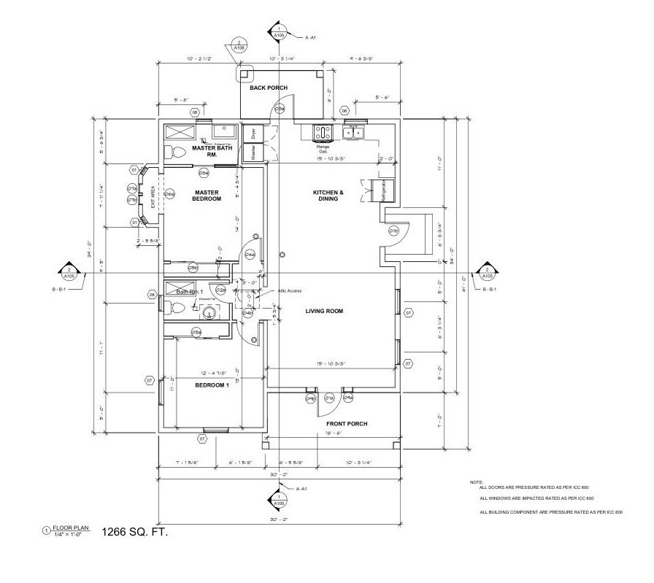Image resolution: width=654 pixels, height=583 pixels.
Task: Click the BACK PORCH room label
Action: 269,88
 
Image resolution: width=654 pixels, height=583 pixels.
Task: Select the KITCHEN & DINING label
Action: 328,195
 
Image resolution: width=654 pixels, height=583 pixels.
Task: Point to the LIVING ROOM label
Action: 324,311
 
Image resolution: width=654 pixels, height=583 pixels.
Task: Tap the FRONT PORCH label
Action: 346,423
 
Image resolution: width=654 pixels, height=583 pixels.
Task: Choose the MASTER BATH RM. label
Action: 211,151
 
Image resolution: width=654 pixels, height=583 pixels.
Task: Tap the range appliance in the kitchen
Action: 322,133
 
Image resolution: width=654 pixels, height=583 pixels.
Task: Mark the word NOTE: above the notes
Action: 476,483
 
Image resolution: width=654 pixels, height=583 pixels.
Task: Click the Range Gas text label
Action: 322,148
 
